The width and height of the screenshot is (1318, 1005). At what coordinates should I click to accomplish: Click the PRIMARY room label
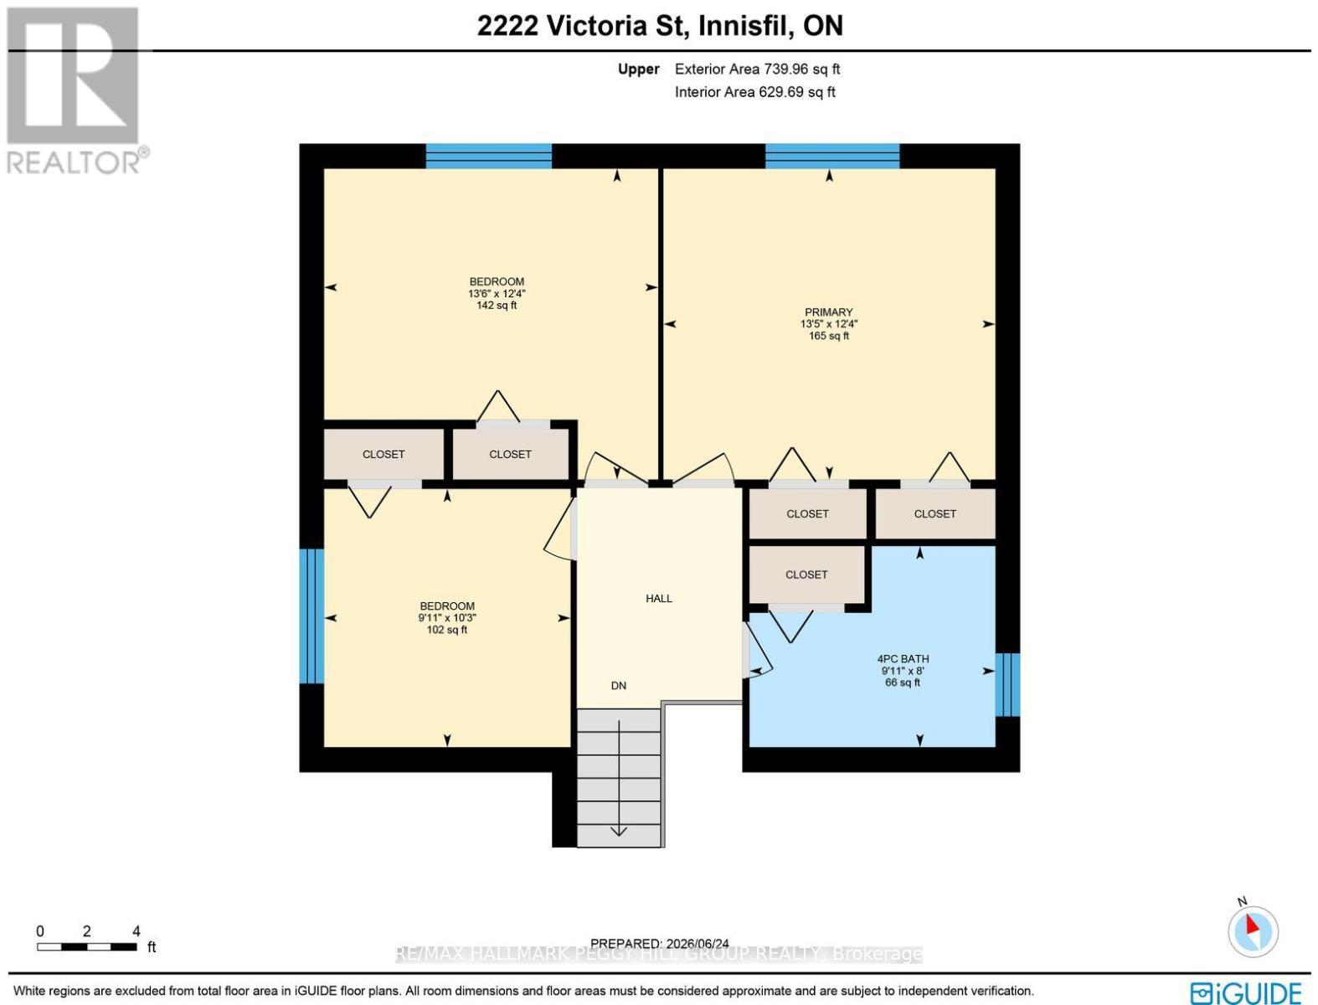829,312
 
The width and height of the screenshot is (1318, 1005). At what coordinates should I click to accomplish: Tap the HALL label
659,599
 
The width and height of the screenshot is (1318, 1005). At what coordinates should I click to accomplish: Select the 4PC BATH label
903,658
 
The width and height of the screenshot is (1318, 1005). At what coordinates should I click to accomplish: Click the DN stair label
619,686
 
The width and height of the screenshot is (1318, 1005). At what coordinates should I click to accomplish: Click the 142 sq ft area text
497,305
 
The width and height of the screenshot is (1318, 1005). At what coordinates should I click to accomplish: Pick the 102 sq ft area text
447,630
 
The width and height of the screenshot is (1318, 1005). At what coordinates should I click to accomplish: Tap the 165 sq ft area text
829,336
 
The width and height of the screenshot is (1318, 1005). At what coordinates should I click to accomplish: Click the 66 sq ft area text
903,683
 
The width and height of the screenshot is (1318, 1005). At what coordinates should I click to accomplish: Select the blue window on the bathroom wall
1007,684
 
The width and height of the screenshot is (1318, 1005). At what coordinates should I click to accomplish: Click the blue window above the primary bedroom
832,156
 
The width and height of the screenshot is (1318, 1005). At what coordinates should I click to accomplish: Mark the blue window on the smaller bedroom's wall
311,616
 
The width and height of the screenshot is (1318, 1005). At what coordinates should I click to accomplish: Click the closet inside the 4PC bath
806,575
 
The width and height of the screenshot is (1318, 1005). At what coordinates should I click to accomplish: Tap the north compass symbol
1253,931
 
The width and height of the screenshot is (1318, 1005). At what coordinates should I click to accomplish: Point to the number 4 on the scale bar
136,931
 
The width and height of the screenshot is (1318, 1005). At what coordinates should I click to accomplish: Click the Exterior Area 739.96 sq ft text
757,69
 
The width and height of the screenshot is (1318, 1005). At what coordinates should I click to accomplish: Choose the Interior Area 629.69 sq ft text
754,92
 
